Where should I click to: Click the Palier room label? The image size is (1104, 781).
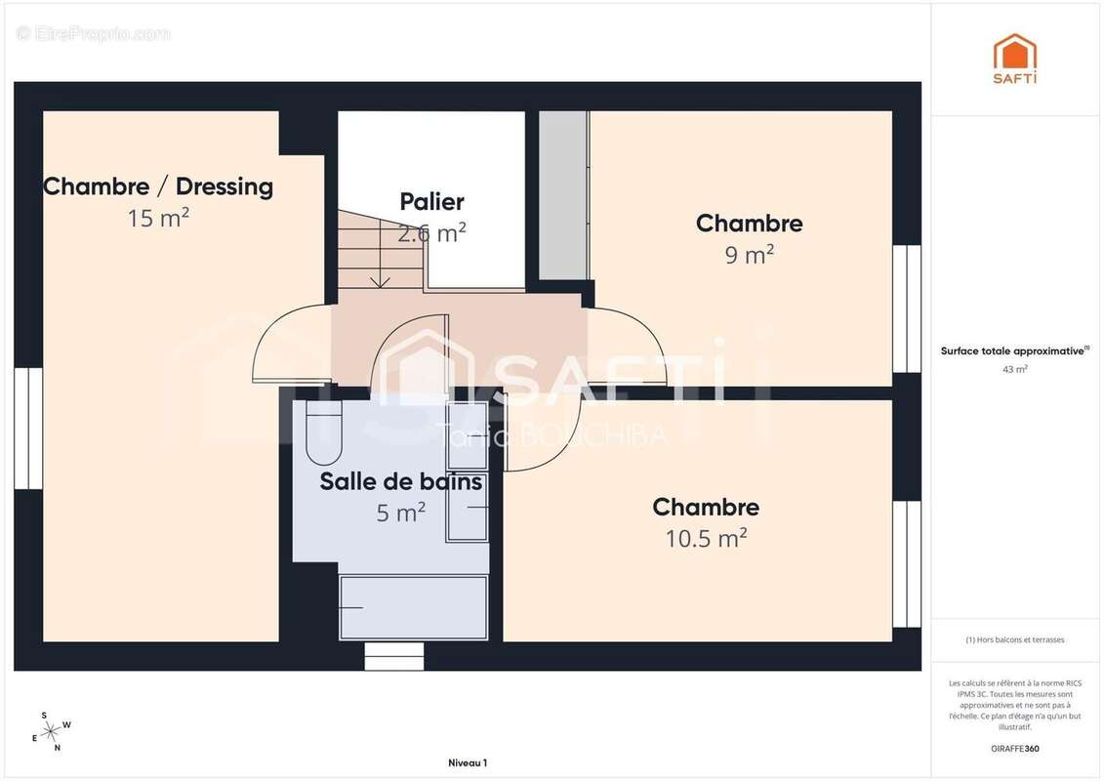click(431, 202)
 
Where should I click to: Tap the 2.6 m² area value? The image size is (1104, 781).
click(431, 233)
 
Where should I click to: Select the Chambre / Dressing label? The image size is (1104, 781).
click(158, 186)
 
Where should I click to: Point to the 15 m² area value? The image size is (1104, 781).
click(158, 218)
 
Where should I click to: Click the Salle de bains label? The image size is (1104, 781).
click(400, 481)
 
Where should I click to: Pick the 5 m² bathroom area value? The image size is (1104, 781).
click(400, 512)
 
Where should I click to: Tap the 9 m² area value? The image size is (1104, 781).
click(748, 255)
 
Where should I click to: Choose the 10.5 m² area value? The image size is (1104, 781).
click(706, 538)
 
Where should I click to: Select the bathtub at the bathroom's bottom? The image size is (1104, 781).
click(413, 607)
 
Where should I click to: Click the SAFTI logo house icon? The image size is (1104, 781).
click(1015, 53)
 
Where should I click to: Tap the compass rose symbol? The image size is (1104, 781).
click(51, 730)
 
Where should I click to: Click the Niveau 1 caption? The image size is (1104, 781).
click(467, 762)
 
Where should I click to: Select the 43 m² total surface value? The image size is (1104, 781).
click(1015, 369)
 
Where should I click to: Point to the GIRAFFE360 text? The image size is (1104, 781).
click(1015, 749)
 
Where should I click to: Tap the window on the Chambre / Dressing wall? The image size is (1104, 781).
click(28, 428)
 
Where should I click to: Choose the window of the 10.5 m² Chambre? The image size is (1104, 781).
click(907, 564)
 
